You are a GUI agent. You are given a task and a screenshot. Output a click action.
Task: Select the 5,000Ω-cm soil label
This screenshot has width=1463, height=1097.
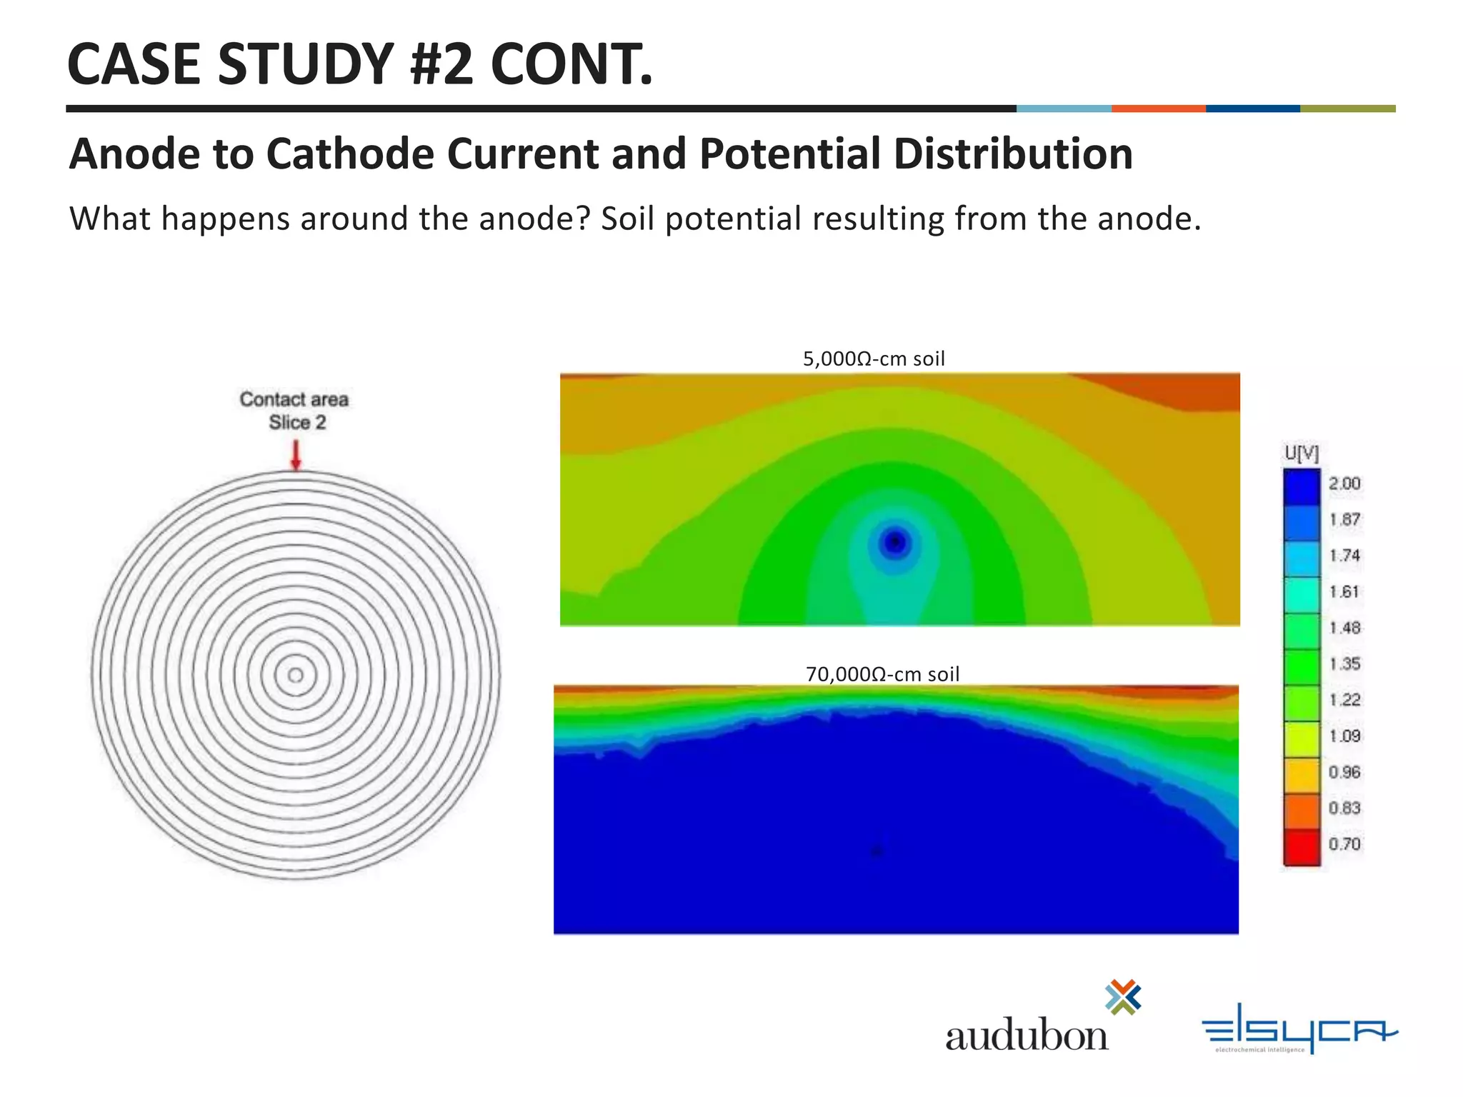click(873, 359)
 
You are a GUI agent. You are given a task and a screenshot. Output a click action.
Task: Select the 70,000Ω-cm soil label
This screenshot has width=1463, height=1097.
click(882, 674)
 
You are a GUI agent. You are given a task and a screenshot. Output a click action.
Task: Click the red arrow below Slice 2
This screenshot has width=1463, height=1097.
click(296, 455)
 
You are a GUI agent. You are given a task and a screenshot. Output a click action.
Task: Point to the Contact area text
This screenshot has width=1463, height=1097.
click(294, 399)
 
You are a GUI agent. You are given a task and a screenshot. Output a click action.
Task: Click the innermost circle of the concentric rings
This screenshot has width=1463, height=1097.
click(295, 675)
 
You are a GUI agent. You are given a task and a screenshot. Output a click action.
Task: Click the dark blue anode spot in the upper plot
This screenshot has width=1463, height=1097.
click(894, 543)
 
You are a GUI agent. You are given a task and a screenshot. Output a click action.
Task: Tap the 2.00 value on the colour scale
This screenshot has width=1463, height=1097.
click(1344, 484)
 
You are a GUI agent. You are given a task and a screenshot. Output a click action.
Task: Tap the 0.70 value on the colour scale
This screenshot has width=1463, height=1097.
click(1344, 844)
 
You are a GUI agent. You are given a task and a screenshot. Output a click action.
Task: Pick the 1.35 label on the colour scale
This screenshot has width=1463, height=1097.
click(1344, 664)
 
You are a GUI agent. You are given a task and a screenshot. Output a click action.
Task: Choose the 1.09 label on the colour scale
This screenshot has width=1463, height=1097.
click(1344, 736)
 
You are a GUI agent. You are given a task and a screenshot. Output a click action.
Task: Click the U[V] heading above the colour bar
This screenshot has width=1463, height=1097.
click(1301, 453)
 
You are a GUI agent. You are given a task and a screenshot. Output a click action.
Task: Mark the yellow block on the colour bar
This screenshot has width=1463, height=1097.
click(1302, 740)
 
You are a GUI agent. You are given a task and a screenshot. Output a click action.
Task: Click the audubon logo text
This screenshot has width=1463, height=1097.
click(1027, 1036)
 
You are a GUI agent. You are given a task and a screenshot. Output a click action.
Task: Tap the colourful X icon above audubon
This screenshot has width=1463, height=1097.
click(1123, 997)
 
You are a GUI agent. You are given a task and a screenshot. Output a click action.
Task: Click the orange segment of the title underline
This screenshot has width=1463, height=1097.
click(1158, 109)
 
